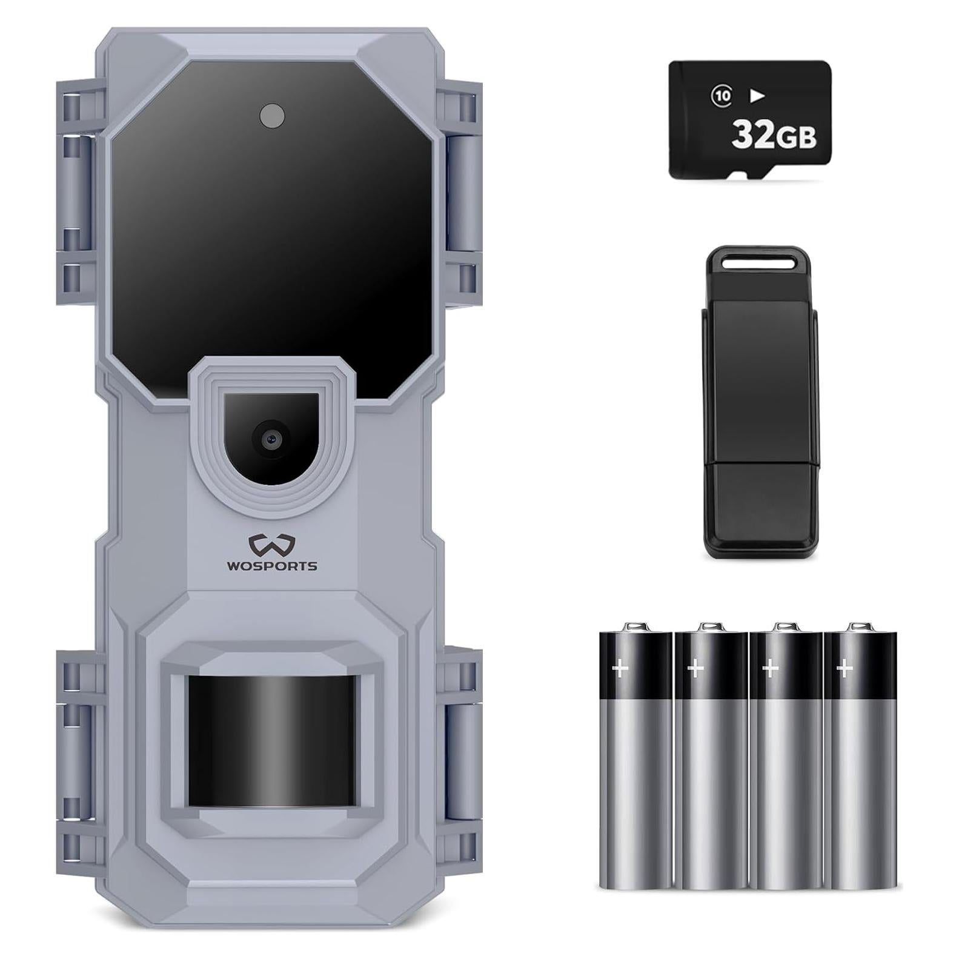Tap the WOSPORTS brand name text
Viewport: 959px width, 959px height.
tap(272, 566)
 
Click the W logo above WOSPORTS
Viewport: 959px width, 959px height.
tap(272, 545)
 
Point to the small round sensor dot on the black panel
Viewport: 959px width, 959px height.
tap(272, 116)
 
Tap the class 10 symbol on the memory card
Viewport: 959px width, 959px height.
tap(722, 96)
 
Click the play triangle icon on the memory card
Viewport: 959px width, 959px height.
tap(757, 96)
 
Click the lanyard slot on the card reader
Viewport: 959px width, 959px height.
tap(760, 262)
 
